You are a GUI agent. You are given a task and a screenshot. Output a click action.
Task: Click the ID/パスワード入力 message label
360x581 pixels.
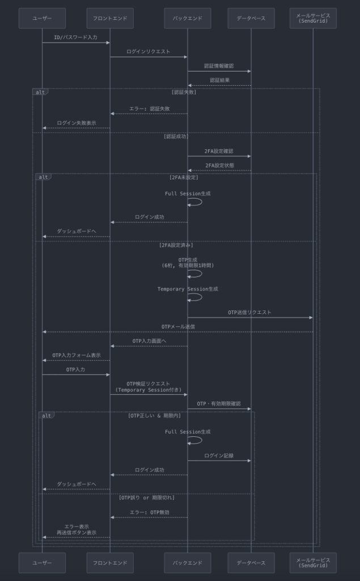coord(76,37)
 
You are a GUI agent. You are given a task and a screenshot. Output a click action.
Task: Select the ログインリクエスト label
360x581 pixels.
coord(149,52)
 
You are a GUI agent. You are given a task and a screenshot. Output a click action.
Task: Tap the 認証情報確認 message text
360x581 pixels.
coord(219,66)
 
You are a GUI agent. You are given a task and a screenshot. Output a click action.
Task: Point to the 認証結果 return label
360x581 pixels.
coord(220,80)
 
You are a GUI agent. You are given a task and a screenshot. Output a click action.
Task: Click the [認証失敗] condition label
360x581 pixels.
coord(184,92)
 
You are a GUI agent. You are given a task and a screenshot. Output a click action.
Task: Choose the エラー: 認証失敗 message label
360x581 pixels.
coord(149,108)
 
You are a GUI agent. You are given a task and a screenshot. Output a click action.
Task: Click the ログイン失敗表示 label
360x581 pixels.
coord(77,123)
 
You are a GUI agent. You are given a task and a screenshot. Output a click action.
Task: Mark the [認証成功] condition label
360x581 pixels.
coord(176,136)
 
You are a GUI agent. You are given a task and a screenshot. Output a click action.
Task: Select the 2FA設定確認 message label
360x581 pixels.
coord(219,151)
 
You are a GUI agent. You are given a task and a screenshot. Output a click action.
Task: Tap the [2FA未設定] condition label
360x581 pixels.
coord(184,178)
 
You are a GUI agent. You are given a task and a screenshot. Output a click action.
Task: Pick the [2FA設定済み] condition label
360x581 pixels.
coord(176,245)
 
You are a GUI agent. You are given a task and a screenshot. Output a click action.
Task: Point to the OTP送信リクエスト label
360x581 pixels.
coord(249,313)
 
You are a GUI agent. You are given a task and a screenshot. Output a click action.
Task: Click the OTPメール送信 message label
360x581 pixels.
coord(178,327)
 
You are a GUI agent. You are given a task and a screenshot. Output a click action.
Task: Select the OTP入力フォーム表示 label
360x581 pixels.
coord(77,355)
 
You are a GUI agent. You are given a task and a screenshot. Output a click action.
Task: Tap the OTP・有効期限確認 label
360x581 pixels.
coord(219,404)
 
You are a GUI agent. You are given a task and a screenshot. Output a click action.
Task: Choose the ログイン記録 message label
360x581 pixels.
coord(219,456)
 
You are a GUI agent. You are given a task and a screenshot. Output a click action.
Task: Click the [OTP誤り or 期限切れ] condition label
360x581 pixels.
coord(147,498)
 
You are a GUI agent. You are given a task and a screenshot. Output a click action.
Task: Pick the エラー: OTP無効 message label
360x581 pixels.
coord(149,512)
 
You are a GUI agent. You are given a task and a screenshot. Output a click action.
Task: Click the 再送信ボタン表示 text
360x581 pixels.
coord(77,533)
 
